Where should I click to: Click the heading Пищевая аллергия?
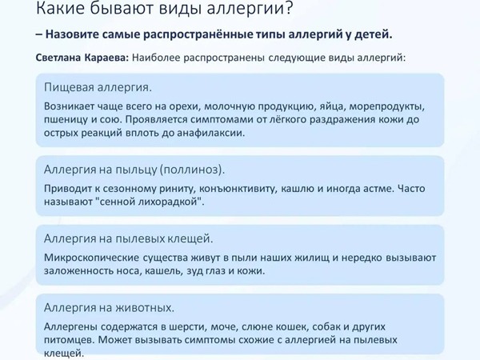pos(98,87)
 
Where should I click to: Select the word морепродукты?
pos(387,106)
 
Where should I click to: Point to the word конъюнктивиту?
pos(238,188)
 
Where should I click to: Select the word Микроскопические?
pos(91,258)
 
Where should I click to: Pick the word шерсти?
pos(187,326)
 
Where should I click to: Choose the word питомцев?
pos(70,340)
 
